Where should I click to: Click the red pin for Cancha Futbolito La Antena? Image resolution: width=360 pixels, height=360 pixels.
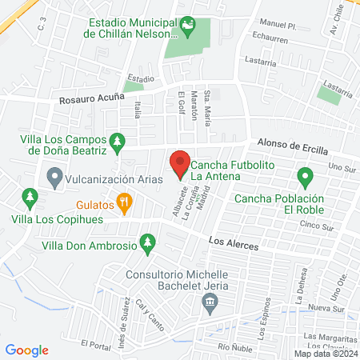(180, 162)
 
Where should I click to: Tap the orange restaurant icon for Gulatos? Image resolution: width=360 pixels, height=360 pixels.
(124, 204)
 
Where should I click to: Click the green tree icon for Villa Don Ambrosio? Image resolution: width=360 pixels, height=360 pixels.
(147, 242)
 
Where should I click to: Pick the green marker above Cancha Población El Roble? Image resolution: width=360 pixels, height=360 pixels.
(304, 176)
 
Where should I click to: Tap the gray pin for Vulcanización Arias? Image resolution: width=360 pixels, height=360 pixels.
(55, 177)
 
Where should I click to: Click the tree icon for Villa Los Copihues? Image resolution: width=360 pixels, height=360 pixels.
(30, 197)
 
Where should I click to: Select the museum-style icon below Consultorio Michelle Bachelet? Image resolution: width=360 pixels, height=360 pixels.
(210, 303)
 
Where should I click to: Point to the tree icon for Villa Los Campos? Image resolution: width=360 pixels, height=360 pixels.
(118, 142)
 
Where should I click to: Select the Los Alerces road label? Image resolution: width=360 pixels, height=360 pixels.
(233, 242)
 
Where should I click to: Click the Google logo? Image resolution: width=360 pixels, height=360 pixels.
(27, 350)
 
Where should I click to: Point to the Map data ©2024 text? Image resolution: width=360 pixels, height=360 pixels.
(323, 353)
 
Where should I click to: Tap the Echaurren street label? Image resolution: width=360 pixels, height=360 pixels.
(268, 37)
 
